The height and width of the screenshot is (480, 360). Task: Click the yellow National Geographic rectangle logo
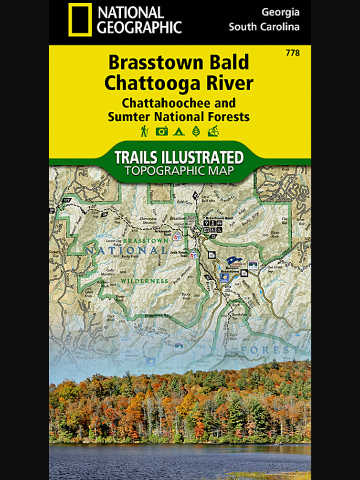(80, 20)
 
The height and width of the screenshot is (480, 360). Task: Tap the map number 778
(292, 53)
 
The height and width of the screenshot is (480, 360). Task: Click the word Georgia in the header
(280, 12)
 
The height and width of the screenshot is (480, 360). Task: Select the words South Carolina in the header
(264, 27)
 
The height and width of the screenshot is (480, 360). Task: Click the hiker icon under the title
(144, 130)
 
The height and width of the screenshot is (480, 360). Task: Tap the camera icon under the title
(161, 131)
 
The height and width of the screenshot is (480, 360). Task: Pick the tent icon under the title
(179, 131)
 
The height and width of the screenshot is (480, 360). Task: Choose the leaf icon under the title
(196, 131)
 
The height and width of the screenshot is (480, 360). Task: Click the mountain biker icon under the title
(213, 131)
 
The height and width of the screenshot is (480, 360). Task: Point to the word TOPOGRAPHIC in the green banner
(180, 171)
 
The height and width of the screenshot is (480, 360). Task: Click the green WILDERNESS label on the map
(151, 281)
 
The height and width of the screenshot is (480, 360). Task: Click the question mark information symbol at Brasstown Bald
(206, 223)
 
